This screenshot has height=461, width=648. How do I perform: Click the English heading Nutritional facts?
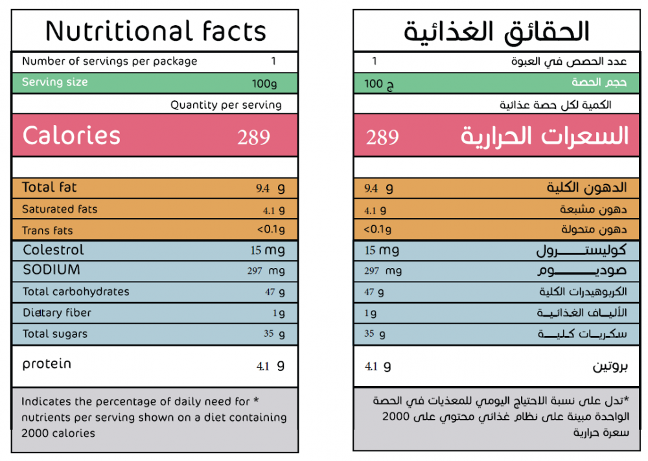[x=156, y=31]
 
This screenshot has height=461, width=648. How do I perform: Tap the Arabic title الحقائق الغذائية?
[x=496, y=31]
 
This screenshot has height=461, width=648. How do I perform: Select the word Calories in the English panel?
[x=71, y=136]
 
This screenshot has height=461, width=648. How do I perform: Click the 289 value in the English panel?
[x=253, y=137]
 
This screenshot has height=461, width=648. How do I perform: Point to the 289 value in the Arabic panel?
[x=382, y=137]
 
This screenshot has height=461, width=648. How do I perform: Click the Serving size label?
[x=54, y=82]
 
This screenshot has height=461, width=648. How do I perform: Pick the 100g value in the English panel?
[x=264, y=84]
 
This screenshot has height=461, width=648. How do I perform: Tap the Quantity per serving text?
[x=226, y=105]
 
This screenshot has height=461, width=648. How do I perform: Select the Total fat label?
[x=49, y=188]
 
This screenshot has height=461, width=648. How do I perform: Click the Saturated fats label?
[x=60, y=209]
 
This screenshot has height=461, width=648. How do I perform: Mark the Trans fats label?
[x=47, y=231]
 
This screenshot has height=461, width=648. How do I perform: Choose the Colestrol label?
[x=53, y=250]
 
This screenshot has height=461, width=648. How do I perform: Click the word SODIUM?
[x=51, y=270]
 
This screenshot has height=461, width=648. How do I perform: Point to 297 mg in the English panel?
[x=266, y=271]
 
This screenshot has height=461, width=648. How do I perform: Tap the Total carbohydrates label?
[x=76, y=291]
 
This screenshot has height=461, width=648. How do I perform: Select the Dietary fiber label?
[x=57, y=313]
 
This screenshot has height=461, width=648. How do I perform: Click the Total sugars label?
[x=54, y=334]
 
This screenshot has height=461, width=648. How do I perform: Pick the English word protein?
[x=47, y=364]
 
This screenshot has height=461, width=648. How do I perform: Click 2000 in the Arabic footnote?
[x=395, y=416]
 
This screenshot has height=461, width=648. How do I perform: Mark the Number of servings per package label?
[x=110, y=62]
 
